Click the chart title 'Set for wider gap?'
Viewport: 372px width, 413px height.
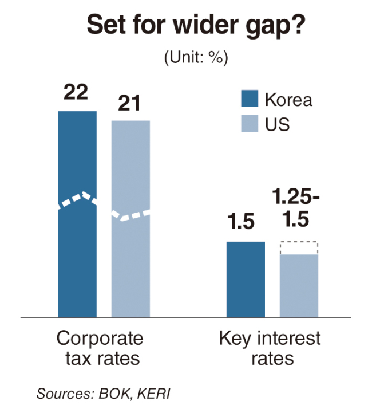(196, 26)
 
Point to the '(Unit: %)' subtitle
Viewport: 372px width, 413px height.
(196, 57)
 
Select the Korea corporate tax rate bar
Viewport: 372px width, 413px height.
(77, 214)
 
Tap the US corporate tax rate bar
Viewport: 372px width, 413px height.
(130, 219)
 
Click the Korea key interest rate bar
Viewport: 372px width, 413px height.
(246, 280)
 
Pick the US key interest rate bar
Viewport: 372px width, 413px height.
(299, 286)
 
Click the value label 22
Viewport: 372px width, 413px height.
(76, 92)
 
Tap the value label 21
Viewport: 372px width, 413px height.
(129, 103)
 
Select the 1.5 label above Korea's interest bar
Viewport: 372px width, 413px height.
(241, 221)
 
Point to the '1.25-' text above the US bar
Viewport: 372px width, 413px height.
(296, 196)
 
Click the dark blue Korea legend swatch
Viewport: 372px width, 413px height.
(250, 99)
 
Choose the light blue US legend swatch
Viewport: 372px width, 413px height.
(250, 123)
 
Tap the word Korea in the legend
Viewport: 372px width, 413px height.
(288, 100)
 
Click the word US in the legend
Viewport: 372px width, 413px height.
(278, 124)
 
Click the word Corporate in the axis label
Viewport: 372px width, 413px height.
(100, 339)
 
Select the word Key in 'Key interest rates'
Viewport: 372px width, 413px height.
(235, 339)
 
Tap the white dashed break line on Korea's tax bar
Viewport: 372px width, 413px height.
(77, 200)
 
